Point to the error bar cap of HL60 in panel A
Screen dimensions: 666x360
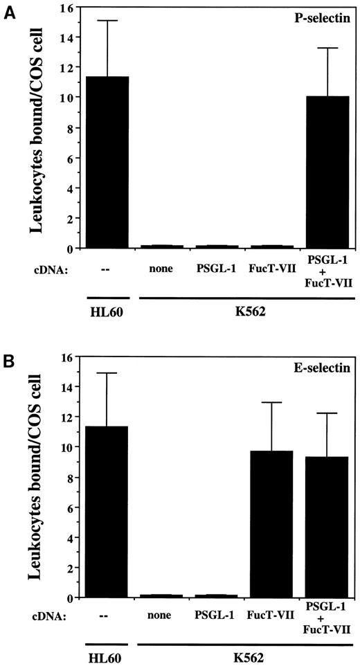tap(108, 21)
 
